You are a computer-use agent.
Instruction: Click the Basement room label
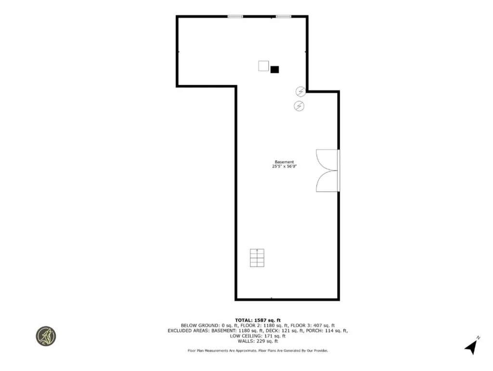[x=284, y=162]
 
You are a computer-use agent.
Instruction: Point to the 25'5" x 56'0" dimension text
[x=284, y=167]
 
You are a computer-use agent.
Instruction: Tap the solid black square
[x=274, y=69]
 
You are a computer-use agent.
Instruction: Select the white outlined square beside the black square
[x=263, y=66]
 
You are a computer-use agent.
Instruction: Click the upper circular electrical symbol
[x=300, y=91]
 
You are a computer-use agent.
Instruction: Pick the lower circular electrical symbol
[x=299, y=106]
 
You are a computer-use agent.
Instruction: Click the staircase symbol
[x=257, y=258]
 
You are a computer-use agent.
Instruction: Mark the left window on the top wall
[x=235, y=16]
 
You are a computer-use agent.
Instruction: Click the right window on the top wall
[x=284, y=16]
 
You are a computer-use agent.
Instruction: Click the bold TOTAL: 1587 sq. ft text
[x=257, y=320]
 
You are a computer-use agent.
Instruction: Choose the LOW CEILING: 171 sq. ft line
[x=257, y=336]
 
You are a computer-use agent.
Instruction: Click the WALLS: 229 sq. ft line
[x=257, y=341]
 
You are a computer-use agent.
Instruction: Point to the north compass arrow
[x=471, y=346]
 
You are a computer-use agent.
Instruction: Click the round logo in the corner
[x=46, y=336]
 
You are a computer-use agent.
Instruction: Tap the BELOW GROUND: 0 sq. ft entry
[x=204, y=325]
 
